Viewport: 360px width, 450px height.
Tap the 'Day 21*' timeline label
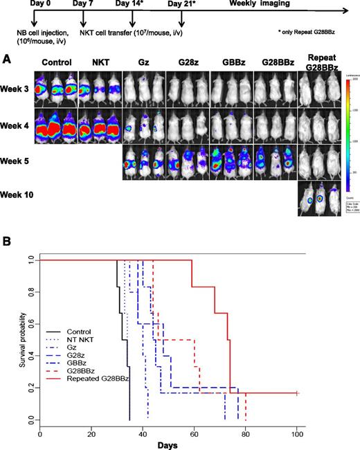(183, 6)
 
